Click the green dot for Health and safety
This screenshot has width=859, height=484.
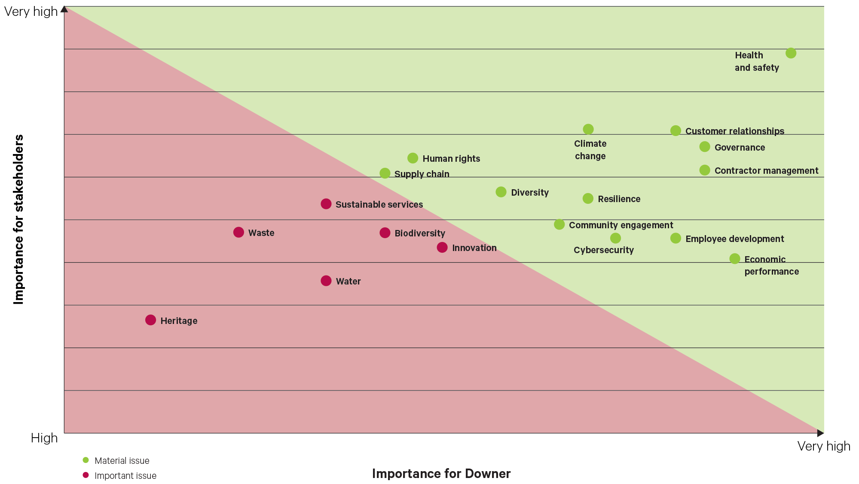[x=791, y=53]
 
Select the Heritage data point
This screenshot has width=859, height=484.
[x=150, y=320]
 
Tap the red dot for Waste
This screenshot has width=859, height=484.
[x=238, y=232]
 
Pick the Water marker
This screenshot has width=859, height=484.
[x=326, y=281]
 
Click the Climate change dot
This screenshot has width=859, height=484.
[x=588, y=129]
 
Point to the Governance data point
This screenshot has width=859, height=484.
[x=705, y=147]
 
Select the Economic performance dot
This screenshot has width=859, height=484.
[x=735, y=259]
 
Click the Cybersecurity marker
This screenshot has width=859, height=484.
[x=615, y=238]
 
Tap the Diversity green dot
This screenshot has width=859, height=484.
[x=501, y=192]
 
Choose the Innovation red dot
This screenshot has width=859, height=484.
[x=442, y=248]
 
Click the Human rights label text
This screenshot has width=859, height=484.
[x=451, y=159]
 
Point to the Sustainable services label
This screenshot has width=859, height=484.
[x=379, y=205]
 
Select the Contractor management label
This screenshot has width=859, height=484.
[x=766, y=171]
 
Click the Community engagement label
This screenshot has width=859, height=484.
[x=621, y=225]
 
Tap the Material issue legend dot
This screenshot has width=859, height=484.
[x=86, y=460]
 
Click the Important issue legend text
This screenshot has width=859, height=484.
[x=125, y=476]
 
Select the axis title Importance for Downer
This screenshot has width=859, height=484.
[x=441, y=474]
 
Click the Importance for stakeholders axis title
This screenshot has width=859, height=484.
[x=18, y=220]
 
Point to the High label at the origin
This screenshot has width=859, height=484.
[x=44, y=438]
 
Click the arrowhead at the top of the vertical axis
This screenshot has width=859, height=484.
[x=64, y=9]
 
